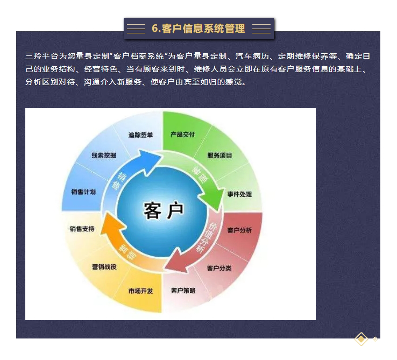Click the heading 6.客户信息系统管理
click(198, 29)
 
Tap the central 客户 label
click(164, 210)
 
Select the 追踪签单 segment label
click(140, 135)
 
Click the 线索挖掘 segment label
click(104, 156)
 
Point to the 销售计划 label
click(83, 192)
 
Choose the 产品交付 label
click(182, 135)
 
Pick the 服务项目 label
click(219, 156)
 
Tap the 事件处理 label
click(239, 194)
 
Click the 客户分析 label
click(239, 230)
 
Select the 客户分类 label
click(219, 268)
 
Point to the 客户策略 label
click(183, 291)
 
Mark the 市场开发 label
click(141, 291)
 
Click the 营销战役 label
click(104, 267)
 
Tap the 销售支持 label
click(82, 229)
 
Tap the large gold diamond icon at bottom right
click(361, 338)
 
